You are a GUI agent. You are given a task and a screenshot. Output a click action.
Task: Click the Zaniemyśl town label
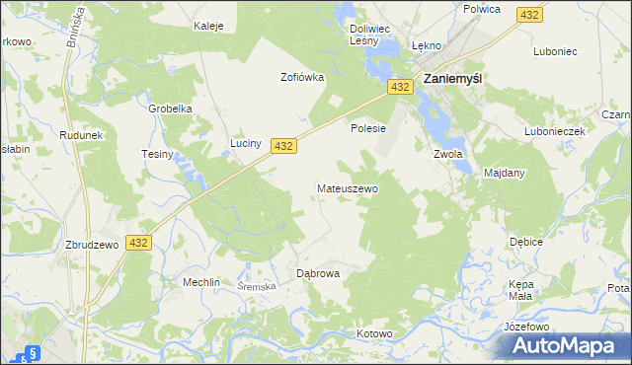(457, 79)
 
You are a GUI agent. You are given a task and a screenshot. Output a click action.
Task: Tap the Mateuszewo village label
(347, 187)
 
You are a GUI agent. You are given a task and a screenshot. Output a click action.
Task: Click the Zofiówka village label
(302, 77)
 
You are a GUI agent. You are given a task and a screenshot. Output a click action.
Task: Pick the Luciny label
(245, 144)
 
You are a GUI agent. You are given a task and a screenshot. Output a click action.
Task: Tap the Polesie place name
(367, 128)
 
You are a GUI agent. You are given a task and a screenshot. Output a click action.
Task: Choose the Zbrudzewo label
(92, 245)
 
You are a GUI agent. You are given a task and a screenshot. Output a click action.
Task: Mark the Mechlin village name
(200, 281)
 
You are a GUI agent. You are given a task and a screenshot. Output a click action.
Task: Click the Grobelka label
(169, 109)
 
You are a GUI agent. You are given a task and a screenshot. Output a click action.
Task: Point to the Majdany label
(504, 173)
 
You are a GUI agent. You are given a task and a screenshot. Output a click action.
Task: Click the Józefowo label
(525, 327)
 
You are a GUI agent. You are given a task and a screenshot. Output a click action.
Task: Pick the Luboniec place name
(553, 50)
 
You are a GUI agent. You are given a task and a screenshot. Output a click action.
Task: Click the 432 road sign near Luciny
(282, 146)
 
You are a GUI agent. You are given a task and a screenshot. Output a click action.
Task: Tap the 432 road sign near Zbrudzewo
(138, 243)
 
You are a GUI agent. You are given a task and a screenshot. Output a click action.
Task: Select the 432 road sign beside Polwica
(529, 15)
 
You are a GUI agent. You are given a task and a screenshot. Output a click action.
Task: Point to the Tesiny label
(157, 155)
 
